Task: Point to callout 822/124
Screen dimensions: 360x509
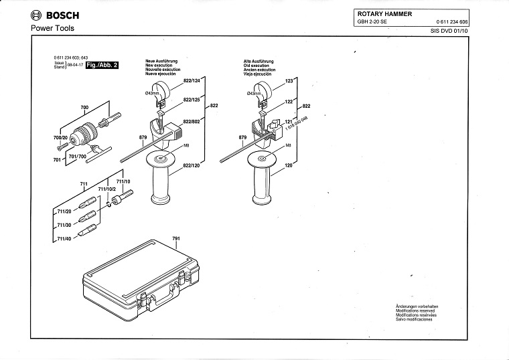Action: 192,81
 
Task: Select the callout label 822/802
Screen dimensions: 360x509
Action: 192,121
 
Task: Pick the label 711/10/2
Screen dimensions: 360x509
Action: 107,189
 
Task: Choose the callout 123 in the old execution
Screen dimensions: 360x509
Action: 290,81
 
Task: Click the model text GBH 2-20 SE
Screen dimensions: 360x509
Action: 372,23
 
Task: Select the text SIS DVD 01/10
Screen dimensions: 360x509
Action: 449,31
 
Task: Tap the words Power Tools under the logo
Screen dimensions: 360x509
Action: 52,28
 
